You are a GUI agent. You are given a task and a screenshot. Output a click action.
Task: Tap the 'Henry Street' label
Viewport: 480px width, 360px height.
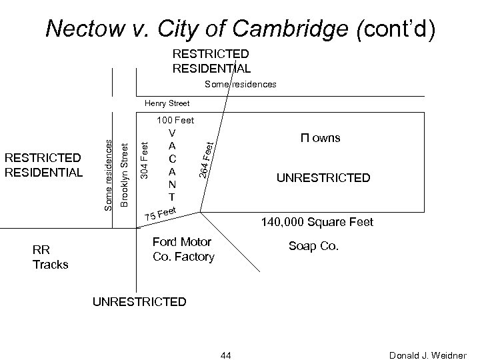pyautogui.click(x=167, y=103)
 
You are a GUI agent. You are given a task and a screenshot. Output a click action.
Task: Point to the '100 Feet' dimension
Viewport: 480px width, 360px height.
pyautogui.click(x=175, y=121)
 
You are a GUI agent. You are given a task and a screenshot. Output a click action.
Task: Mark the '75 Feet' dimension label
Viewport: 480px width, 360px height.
pyautogui.click(x=161, y=215)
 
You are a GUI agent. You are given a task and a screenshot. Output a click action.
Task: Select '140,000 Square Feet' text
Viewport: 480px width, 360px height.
pyautogui.click(x=317, y=221)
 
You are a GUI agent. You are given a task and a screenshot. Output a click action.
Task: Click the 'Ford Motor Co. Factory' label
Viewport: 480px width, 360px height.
pyautogui.click(x=183, y=249)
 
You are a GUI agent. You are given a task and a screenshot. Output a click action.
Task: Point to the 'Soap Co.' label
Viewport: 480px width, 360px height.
pyautogui.click(x=313, y=246)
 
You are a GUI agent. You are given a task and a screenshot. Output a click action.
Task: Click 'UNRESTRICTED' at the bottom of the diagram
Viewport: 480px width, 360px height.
pyautogui.click(x=139, y=301)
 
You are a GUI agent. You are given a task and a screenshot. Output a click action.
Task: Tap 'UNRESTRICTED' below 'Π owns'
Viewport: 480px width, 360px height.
pyautogui.click(x=324, y=178)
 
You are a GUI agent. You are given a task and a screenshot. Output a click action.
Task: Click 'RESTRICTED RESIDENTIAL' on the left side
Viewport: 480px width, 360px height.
pyautogui.click(x=43, y=165)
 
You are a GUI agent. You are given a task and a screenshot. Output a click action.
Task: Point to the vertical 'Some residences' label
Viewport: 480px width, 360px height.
pyautogui.click(x=109, y=169)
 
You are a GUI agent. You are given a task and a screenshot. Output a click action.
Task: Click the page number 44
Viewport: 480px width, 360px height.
pyautogui.click(x=225, y=354)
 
